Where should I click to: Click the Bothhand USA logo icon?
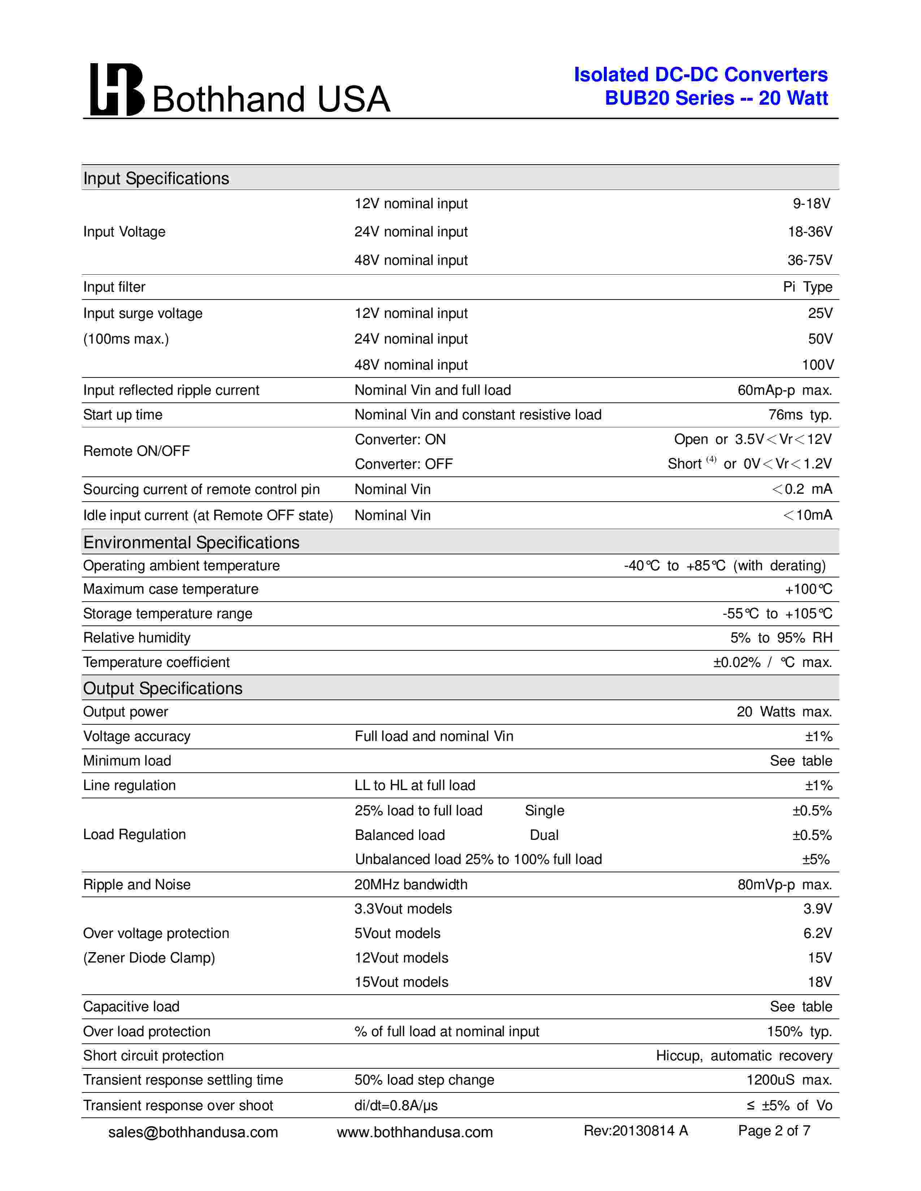tap(116, 90)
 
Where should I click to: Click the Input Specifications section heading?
tap(156, 178)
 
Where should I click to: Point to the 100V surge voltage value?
tap(817, 365)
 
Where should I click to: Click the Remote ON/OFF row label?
tap(137, 451)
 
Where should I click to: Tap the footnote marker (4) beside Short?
tap(711, 459)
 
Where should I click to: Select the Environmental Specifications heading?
tap(191, 542)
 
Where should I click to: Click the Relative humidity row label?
tap(137, 637)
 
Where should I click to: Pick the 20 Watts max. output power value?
tap(784, 712)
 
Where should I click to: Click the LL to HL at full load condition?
tap(415, 785)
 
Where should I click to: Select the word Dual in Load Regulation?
tap(544, 835)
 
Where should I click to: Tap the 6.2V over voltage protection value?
tap(817, 933)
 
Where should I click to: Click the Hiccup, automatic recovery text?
tap(744, 1056)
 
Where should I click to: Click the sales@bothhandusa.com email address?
tap(193, 1132)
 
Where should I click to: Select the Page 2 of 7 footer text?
tap(774, 1131)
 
